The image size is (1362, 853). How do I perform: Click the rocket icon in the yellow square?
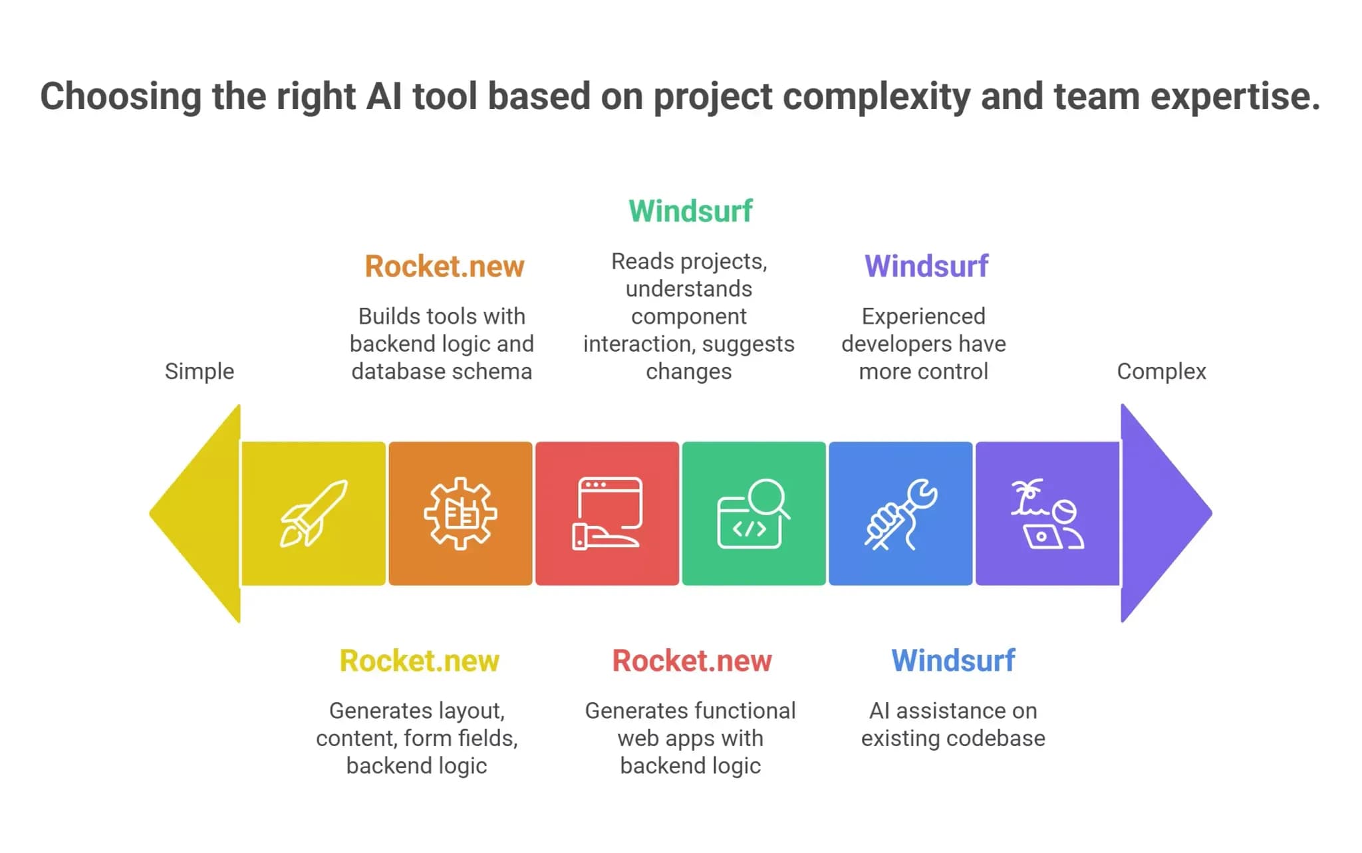tap(313, 514)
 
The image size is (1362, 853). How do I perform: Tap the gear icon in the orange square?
tap(460, 513)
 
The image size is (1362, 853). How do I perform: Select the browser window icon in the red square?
tap(607, 513)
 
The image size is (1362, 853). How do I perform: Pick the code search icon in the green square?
tap(753, 513)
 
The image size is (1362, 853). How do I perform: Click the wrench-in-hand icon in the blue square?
tap(900, 514)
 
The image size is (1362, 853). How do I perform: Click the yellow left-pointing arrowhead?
tap(195, 513)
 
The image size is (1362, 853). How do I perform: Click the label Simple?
tap(200, 371)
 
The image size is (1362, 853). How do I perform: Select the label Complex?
tap(1161, 371)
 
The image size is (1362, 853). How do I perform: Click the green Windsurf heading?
tap(690, 211)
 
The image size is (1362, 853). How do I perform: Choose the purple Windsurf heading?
tap(926, 266)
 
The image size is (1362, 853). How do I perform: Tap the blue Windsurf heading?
tap(953, 660)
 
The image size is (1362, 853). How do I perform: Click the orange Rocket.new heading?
tap(444, 266)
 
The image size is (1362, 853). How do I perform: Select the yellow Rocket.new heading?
tap(419, 660)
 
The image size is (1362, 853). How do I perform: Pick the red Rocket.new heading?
tap(692, 660)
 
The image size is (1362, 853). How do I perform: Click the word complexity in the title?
tap(877, 97)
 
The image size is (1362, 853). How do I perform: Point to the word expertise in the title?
tap(1235, 97)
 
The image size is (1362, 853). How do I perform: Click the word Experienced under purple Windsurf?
tap(924, 316)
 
